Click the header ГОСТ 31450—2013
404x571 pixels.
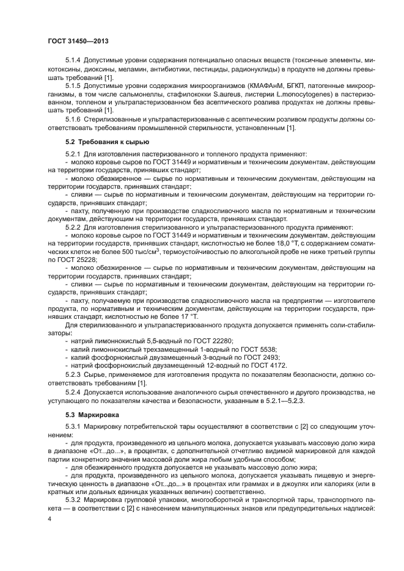click(x=79, y=41)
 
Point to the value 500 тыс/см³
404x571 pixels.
click(x=136, y=251)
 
